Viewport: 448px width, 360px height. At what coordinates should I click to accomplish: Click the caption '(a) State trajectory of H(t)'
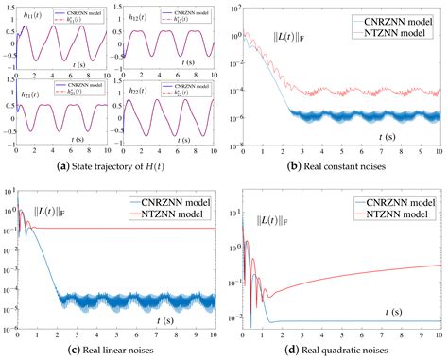(111, 169)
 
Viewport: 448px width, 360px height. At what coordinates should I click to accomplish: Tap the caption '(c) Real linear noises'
(111, 351)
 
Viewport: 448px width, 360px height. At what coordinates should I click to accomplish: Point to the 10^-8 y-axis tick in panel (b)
(233, 146)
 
